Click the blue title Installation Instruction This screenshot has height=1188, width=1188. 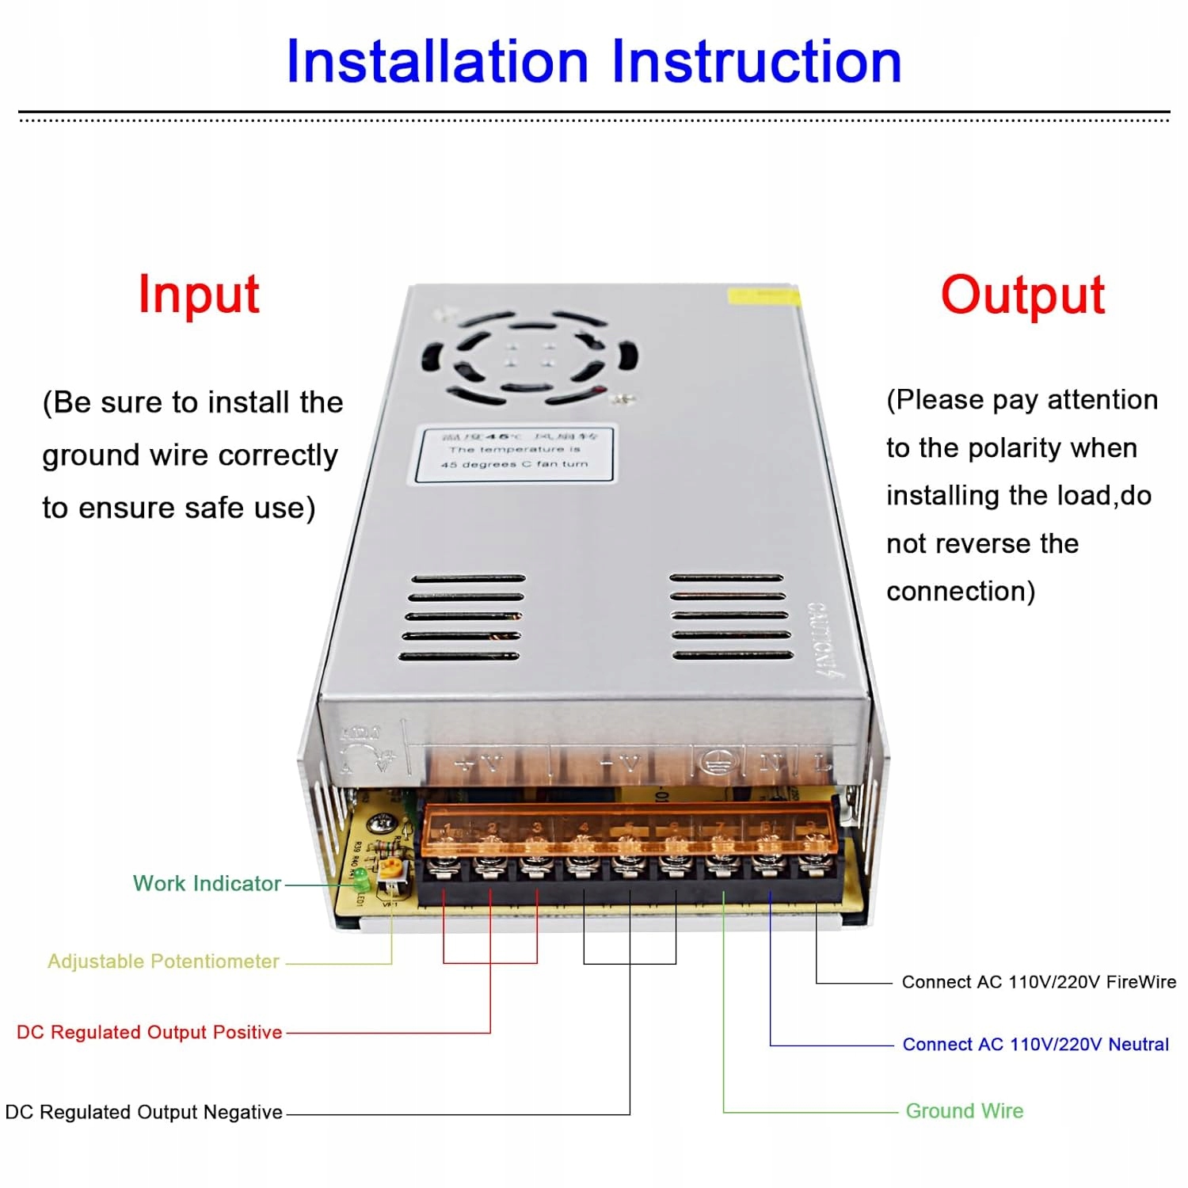coord(594,62)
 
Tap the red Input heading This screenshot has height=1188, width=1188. coord(199,295)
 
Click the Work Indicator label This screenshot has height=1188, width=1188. coord(207,883)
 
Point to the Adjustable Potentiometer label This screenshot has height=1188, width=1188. coord(163,961)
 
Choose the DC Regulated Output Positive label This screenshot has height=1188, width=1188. coord(149,1032)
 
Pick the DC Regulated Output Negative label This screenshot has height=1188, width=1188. coord(143,1112)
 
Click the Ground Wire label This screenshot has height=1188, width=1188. coord(964,1110)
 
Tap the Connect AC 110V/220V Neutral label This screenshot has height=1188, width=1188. coord(1035,1044)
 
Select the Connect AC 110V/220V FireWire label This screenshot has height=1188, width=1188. coord(1038,982)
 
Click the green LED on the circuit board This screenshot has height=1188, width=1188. coord(359,877)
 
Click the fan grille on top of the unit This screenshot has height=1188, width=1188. coord(529,357)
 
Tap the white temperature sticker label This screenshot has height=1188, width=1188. coord(516,454)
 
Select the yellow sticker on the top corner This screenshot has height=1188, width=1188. coord(762,296)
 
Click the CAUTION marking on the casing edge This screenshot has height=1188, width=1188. coord(825,640)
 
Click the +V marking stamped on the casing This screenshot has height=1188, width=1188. coord(480,763)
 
